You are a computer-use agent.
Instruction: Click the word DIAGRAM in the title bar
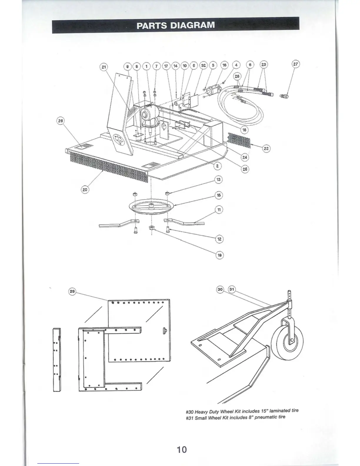(x=193, y=25)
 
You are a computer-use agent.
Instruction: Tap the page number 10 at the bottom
(x=182, y=450)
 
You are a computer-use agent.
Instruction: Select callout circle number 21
(x=104, y=67)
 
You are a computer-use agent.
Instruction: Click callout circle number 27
(x=295, y=64)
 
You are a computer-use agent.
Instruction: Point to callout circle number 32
(x=203, y=65)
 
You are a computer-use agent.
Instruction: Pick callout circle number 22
(x=266, y=149)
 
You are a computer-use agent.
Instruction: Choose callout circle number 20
(x=85, y=190)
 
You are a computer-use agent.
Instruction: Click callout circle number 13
(x=219, y=179)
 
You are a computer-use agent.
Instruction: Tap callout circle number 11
(x=219, y=210)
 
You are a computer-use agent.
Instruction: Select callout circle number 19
(x=219, y=255)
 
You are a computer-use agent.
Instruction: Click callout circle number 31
(x=232, y=289)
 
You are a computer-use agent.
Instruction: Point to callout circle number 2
(x=217, y=166)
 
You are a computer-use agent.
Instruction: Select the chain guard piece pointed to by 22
(x=239, y=140)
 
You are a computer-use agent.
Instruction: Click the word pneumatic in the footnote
(x=266, y=417)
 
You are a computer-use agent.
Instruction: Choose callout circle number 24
(x=245, y=157)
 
